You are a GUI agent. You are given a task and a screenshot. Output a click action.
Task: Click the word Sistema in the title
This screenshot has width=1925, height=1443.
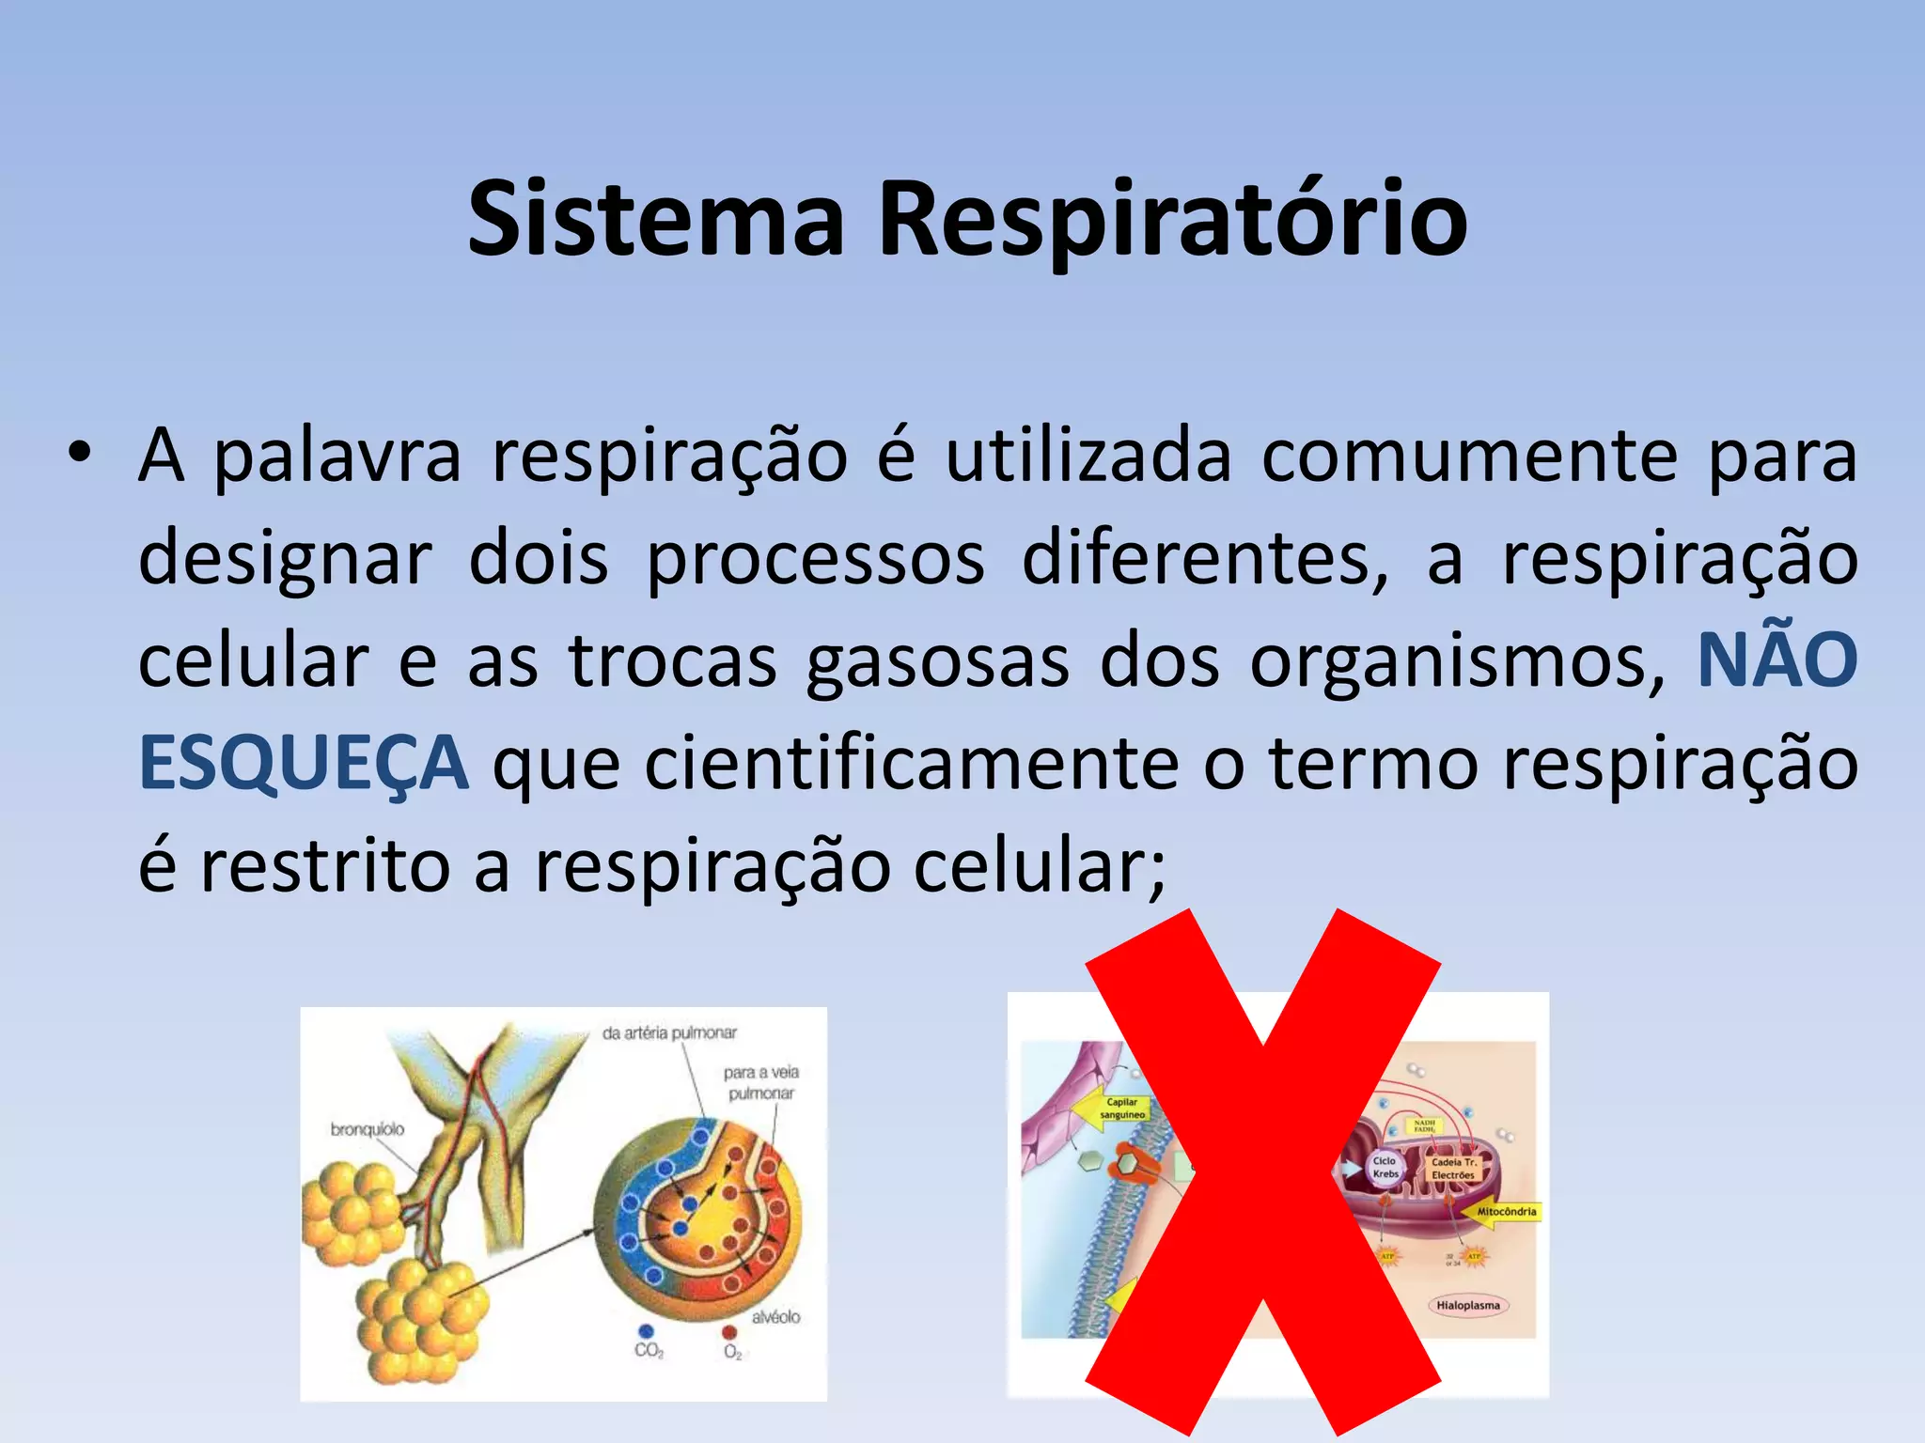(x=656, y=220)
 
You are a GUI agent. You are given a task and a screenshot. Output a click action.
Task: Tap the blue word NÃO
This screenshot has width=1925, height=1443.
(x=1776, y=659)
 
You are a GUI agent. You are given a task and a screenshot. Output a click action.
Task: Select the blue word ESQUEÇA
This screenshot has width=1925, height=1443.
(x=303, y=763)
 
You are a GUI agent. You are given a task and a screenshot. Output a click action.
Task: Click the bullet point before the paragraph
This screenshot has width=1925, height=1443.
(x=79, y=453)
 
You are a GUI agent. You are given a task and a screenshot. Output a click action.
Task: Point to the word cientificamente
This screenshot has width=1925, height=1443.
(x=911, y=763)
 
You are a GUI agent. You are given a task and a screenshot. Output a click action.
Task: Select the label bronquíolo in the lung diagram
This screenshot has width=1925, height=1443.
(x=368, y=1129)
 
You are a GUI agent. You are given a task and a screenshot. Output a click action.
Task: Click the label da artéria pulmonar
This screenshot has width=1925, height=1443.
(x=669, y=1033)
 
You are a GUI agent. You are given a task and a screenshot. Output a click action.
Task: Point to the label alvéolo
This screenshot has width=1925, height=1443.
(x=775, y=1317)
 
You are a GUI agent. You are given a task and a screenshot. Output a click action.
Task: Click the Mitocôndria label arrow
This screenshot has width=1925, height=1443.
(x=1502, y=1212)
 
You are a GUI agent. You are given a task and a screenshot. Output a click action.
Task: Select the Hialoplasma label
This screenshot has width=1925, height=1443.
(x=1467, y=1305)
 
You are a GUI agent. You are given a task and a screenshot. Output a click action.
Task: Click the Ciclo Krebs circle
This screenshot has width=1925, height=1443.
(x=1385, y=1168)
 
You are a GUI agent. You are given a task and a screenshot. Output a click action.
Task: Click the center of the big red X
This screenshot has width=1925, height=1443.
(x=1262, y=1172)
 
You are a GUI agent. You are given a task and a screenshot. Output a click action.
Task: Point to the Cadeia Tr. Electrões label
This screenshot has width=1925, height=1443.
(x=1453, y=1169)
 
